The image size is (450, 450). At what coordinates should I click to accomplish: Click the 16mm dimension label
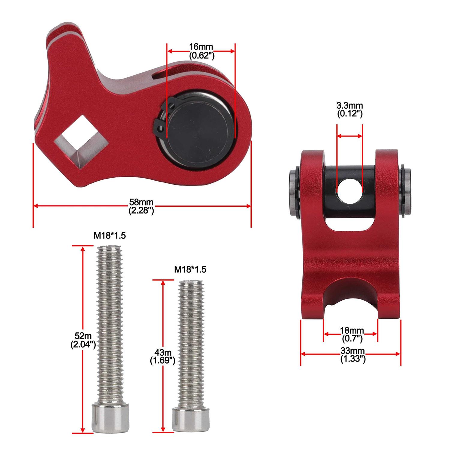tap(201, 51)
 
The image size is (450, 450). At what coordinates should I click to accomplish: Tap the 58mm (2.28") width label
tap(141, 206)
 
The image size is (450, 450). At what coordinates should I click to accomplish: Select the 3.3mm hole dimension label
tap(349, 109)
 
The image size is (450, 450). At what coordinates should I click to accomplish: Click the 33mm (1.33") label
tap(352, 355)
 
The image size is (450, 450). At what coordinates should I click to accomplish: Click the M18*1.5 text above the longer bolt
tap(109, 236)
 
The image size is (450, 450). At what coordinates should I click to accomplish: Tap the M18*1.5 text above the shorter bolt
tap(190, 269)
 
